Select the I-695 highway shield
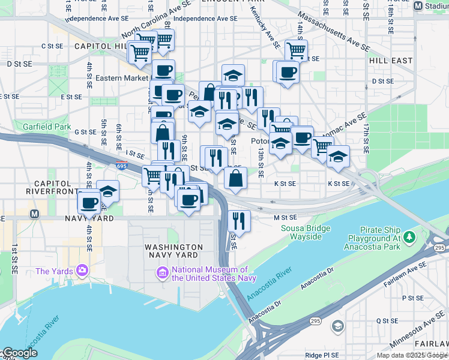point(122,166)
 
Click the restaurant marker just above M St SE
point(240,220)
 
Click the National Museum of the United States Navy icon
point(162,274)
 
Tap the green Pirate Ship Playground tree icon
point(410,238)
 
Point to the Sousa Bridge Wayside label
point(306,232)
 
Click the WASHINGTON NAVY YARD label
point(174,251)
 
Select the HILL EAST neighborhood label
point(390,61)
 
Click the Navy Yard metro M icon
point(34,214)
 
